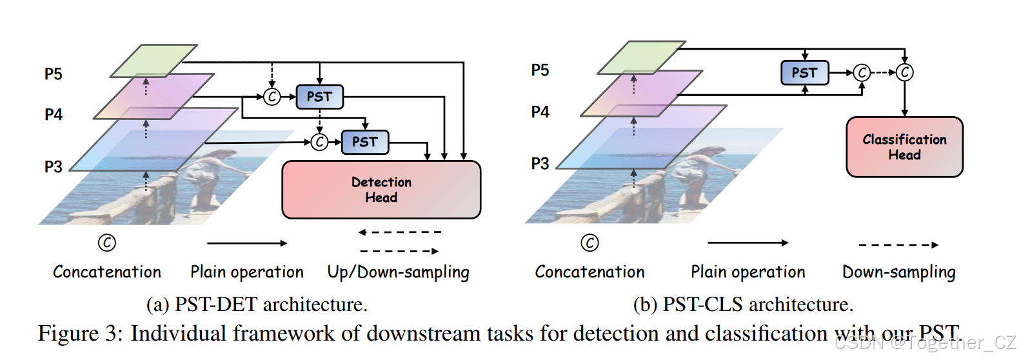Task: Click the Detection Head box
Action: [381, 190]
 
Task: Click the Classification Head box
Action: [904, 147]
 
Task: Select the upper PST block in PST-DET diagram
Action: [319, 97]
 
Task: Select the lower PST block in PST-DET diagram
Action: [364, 142]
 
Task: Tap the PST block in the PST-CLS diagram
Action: [804, 73]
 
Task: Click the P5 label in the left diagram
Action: [54, 74]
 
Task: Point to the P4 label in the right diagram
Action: [540, 112]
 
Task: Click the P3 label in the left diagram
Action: [54, 167]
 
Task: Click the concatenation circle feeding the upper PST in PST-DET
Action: [272, 97]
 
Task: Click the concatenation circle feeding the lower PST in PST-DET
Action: [319, 142]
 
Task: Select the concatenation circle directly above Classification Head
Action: [905, 72]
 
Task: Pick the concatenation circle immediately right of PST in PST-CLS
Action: [862, 73]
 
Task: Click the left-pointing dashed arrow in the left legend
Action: [400, 232]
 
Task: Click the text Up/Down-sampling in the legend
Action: [398, 272]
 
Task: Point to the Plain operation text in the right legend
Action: [747, 272]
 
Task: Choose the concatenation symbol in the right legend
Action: [589, 243]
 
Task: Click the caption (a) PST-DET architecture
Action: [257, 305]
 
